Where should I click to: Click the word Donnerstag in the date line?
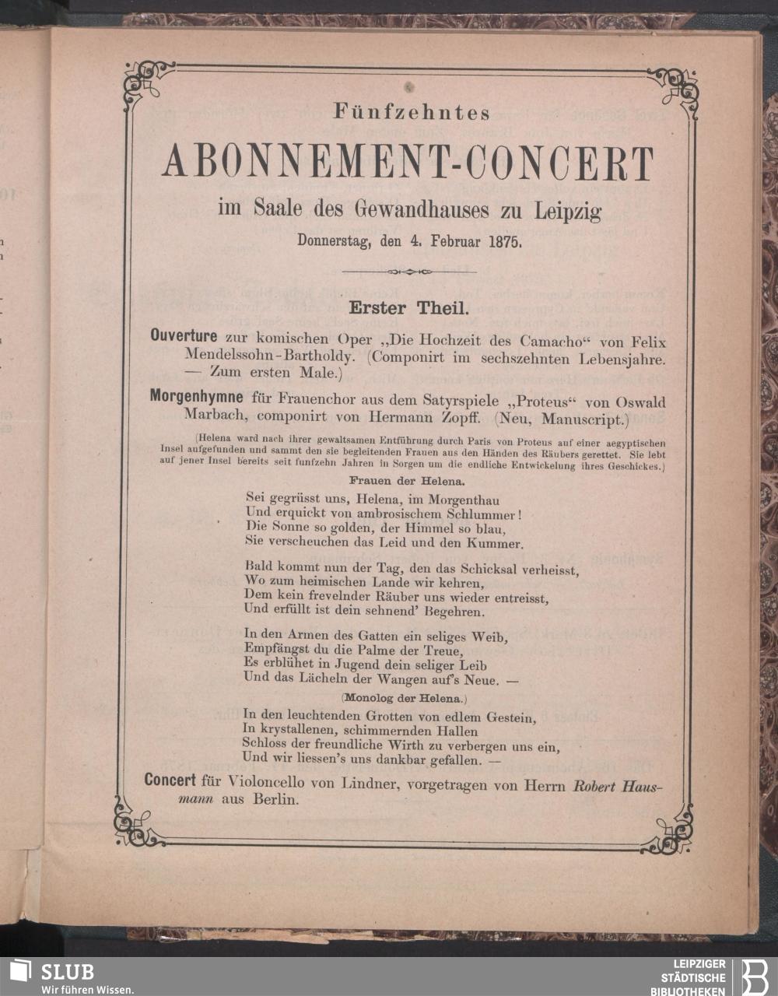pos(335,240)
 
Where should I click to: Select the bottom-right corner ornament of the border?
pos(671,826)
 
